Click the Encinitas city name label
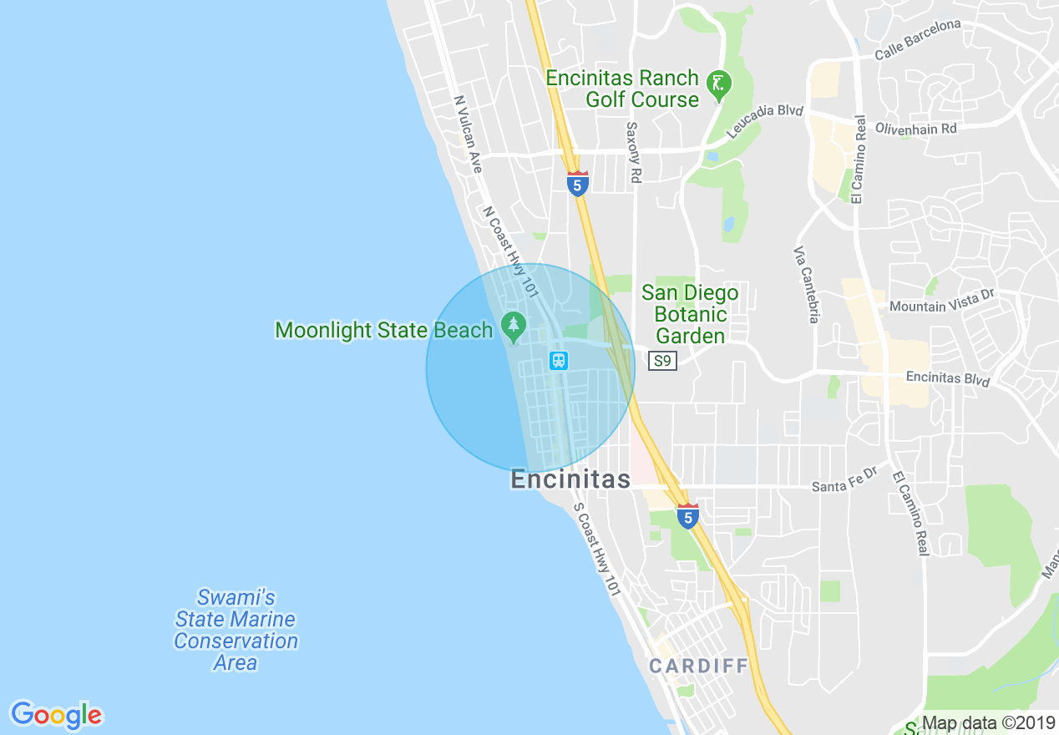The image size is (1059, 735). [570, 480]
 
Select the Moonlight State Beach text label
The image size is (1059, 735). [384, 331]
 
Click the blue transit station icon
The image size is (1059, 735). [559, 361]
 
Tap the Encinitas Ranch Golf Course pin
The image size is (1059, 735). [718, 84]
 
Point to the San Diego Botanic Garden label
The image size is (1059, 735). [690, 315]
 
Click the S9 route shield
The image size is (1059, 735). [662, 361]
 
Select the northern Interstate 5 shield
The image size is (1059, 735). [577, 184]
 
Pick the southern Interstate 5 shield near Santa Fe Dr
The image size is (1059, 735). [687, 516]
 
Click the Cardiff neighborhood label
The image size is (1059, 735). [698, 667]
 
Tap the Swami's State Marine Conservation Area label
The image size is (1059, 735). [236, 631]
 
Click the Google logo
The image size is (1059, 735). [57, 715]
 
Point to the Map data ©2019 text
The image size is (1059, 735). [988, 723]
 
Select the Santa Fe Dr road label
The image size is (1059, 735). [845, 479]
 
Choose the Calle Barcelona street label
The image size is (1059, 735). [918, 39]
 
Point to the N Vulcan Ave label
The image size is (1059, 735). [468, 134]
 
